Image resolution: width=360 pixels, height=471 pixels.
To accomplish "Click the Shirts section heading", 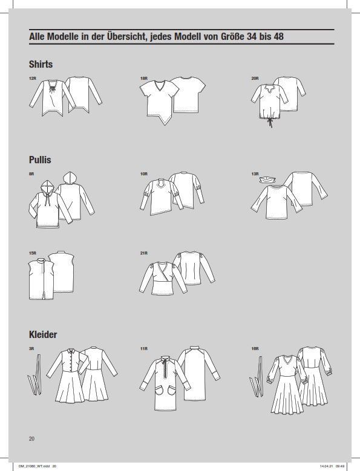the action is (41, 64).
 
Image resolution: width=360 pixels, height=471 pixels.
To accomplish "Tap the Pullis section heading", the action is (40, 160).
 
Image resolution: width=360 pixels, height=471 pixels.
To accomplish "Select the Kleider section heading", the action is (43, 334).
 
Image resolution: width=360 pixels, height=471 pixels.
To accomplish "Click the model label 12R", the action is (33, 79).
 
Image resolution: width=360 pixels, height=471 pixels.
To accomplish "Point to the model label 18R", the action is (143, 79).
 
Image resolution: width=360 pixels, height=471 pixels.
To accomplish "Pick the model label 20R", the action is (255, 79).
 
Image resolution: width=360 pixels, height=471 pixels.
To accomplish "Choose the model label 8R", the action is (31, 174).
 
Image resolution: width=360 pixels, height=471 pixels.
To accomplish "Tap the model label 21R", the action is (143, 253).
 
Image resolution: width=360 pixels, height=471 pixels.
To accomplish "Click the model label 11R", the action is (143, 349).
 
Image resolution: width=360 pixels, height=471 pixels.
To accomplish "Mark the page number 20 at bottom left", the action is (31, 438).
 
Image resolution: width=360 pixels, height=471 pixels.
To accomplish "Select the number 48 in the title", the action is (278, 37).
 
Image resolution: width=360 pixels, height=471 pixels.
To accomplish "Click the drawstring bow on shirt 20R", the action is (270, 122).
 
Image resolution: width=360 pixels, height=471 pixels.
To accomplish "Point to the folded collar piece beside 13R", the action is (268, 180).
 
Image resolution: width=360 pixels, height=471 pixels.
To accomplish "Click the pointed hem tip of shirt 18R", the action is (165, 125).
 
